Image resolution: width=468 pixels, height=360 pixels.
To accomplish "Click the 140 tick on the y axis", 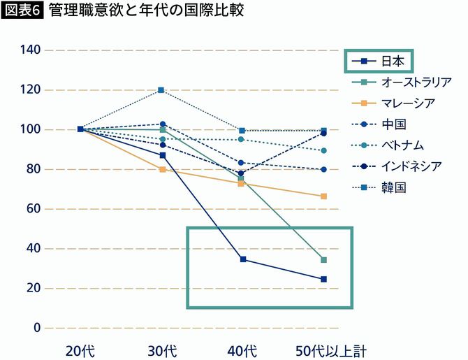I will tap(31, 50).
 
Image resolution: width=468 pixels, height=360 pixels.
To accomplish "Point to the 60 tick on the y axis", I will tap(34, 209).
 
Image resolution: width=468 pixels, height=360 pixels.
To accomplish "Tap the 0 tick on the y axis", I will tap(37, 328).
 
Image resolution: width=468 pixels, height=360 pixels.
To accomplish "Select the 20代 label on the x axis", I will tap(80, 350).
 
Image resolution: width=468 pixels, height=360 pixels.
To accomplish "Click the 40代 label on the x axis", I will tap(242, 350).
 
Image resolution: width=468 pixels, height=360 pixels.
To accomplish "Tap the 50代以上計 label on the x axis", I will tap(323, 350).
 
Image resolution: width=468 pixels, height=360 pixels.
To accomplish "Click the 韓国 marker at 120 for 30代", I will tap(161, 90).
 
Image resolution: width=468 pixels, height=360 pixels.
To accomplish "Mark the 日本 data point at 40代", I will tap(243, 259).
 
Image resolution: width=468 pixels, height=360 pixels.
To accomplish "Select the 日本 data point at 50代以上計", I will tap(324, 279).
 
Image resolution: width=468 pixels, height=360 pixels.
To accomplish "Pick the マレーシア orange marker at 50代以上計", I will tap(324, 196).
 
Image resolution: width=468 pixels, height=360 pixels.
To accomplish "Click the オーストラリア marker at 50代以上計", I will tap(324, 260).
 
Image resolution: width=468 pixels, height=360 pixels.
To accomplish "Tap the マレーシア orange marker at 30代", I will tap(162, 169).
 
